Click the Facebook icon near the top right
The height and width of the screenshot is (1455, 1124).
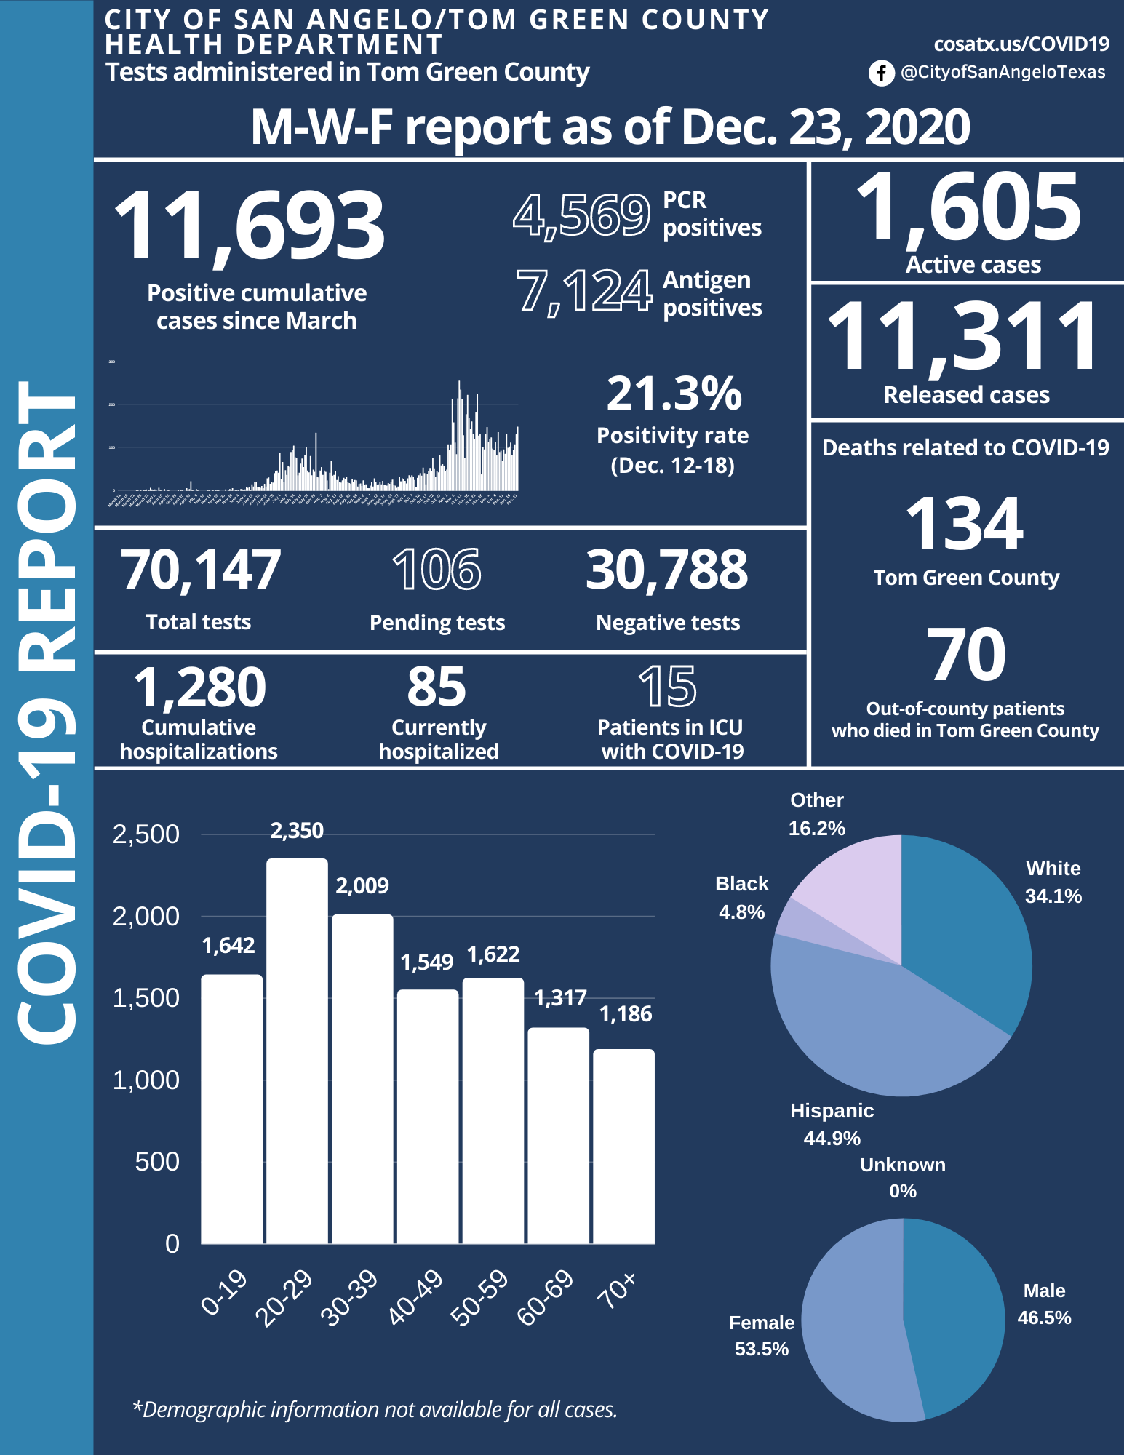coord(881,73)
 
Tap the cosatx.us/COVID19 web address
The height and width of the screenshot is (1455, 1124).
coord(1021,44)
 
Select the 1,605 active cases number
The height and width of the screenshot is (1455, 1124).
coord(968,208)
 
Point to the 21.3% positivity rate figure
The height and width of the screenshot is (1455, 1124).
coord(674,394)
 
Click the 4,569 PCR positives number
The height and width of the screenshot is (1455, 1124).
coord(581,216)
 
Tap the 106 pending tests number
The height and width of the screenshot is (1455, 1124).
coord(437,570)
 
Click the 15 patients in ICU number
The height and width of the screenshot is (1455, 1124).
coord(668,687)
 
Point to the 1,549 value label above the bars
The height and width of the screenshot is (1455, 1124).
coord(427,962)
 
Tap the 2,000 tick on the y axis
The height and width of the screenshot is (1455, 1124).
coord(146,917)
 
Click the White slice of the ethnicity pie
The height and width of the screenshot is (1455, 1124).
coord(968,938)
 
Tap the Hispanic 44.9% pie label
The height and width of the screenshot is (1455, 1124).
coord(832,1125)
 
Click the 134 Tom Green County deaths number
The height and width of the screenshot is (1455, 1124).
coord(965,524)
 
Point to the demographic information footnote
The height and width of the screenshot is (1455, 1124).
coord(375,1410)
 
